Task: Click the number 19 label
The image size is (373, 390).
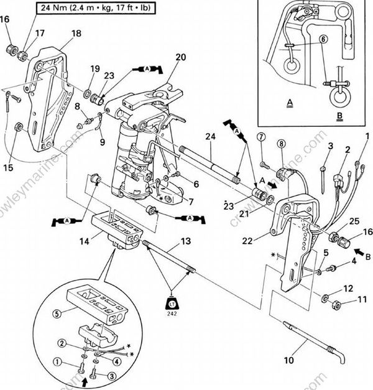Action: click(94, 68)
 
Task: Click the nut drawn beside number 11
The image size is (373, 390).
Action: click(333, 305)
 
